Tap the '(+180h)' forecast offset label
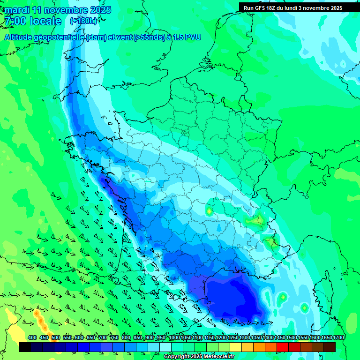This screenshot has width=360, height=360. coord(83,21)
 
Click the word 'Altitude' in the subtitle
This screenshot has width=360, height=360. coord(21,37)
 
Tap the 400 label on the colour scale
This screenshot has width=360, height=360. coord(32,337)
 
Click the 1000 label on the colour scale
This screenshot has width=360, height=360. coord(174,337)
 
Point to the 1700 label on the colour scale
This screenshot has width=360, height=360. coord(338,337)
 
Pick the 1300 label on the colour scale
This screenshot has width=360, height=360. coord(245,337)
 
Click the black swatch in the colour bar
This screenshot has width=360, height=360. coord(25,347)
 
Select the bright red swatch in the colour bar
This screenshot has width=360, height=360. coord(283,347)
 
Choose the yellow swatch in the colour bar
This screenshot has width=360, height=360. coord(236,347)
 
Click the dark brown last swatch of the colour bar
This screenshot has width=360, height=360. coord(330,347)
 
